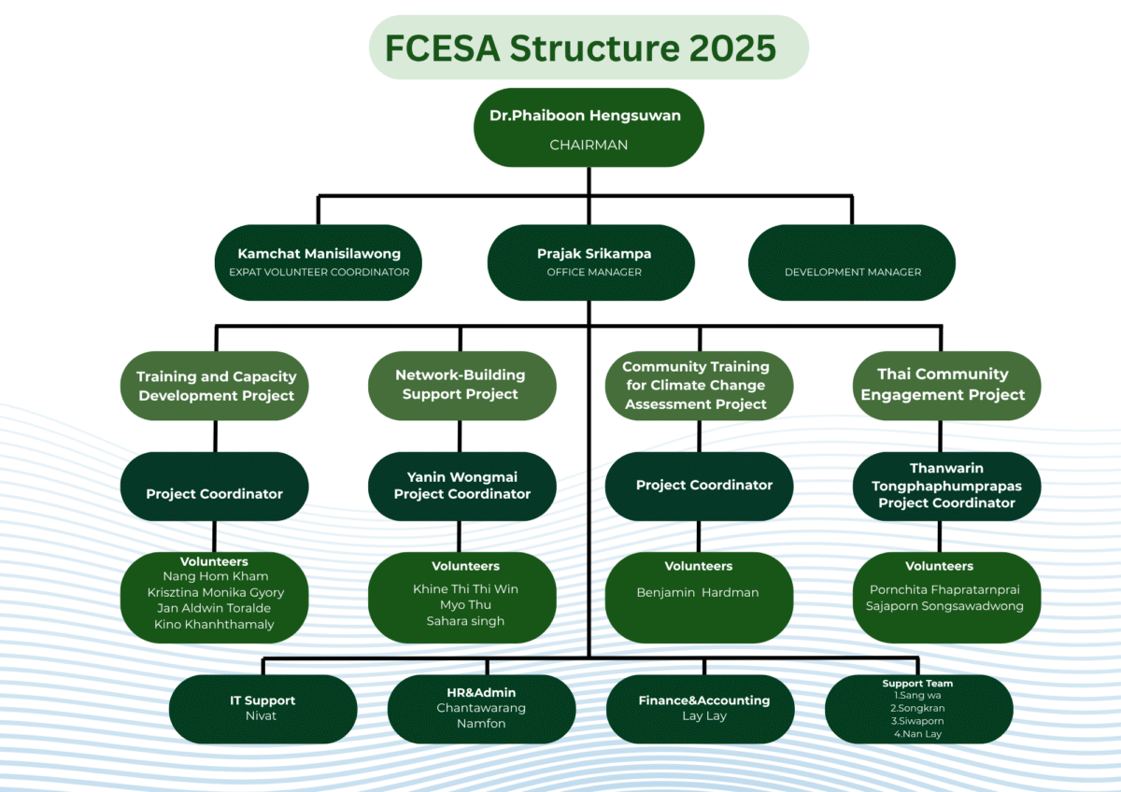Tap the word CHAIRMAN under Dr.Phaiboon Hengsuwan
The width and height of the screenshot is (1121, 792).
point(589,145)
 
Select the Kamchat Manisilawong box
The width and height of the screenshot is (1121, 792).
point(319,262)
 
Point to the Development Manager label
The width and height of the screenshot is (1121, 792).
point(852,272)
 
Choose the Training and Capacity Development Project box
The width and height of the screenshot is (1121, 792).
point(216,386)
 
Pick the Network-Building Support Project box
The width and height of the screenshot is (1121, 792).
point(461,384)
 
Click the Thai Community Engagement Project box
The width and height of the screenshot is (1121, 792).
point(943,384)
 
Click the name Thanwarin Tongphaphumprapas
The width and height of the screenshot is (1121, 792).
point(946,476)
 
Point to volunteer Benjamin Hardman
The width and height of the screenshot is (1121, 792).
point(697,592)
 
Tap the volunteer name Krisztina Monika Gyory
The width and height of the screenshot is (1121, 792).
point(216,592)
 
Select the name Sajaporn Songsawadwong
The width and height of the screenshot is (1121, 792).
point(944,606)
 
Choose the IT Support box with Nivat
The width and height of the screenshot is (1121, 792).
point(263,708)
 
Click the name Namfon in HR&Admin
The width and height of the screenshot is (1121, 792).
point(481,724)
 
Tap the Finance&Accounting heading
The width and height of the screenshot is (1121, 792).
point(703,700)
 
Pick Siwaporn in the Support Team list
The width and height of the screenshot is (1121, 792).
point(917,721)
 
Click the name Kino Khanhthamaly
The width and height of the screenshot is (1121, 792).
point(214,624)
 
